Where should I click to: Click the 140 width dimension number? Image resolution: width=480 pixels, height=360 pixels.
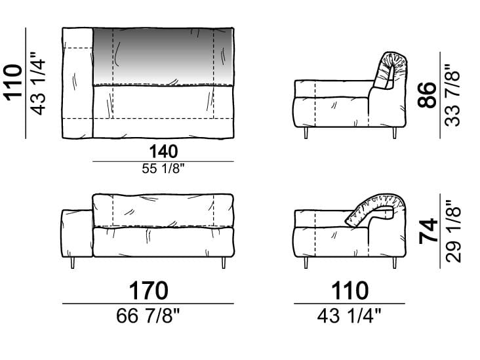(x=163, y=152)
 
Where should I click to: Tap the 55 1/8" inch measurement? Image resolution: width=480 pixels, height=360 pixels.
(x=163, y=169)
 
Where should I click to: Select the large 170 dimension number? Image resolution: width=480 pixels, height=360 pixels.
(x=148, y=290)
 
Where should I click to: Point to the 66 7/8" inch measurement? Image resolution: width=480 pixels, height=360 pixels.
(x=148, y=315)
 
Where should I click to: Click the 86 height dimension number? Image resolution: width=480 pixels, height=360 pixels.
(x=427, y=95)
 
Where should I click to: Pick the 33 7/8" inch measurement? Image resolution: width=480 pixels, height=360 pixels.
(x=452, y=95)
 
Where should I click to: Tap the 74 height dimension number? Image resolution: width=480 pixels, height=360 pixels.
(x=428, y=231)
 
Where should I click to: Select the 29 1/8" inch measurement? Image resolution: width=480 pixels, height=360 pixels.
(x=453, y=231)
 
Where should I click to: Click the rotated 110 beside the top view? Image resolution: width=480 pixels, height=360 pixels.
(x=13, y=83)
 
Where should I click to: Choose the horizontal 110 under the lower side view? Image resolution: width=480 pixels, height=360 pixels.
(x=350, y=290)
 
